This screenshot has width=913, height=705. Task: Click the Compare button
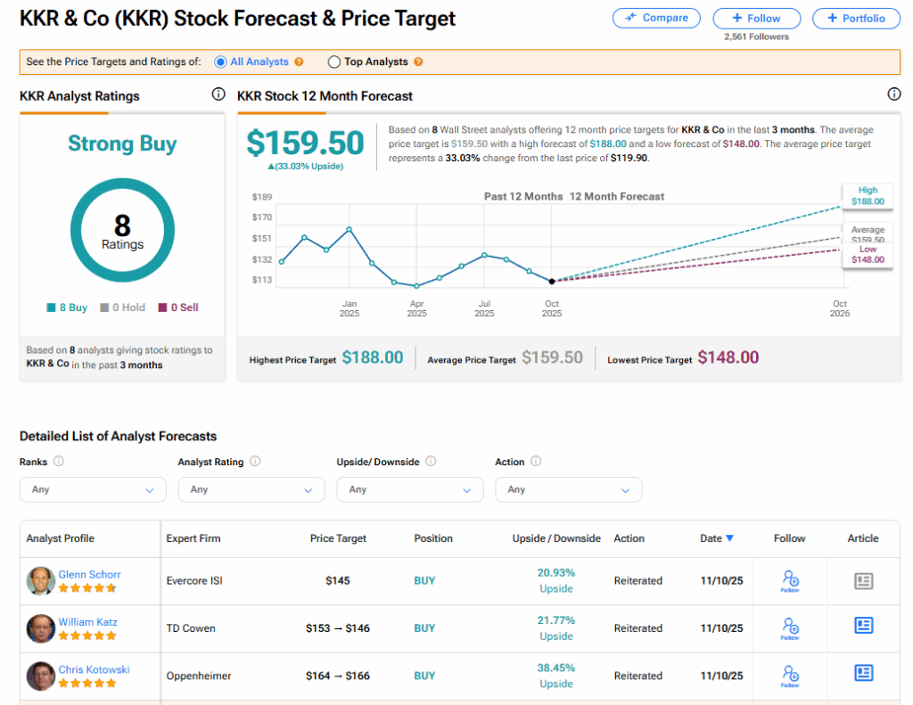[657, 18]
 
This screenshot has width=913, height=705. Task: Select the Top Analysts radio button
[334, 62]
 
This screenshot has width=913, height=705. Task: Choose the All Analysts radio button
[220, 62]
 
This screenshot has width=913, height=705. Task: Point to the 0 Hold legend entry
[123, 307]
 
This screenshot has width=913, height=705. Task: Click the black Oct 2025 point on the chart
[552, 281]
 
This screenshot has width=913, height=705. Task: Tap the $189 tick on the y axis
[261, 197]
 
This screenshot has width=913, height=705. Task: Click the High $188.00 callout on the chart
[868, 196]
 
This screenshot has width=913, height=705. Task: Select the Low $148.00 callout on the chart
[868, 255]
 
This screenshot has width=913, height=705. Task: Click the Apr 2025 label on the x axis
[416, 308]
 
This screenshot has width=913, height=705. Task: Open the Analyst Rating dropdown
[251, 489]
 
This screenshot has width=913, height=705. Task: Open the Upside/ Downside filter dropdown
[410, 489]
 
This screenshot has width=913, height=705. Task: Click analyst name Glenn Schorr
[89, 575]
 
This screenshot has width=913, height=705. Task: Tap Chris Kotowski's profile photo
[41, 676]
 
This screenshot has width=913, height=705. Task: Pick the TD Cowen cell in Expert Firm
[190, 628]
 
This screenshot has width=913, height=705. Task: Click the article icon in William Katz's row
[863, 626]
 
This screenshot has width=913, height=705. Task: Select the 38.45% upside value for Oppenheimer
[556, 668]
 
